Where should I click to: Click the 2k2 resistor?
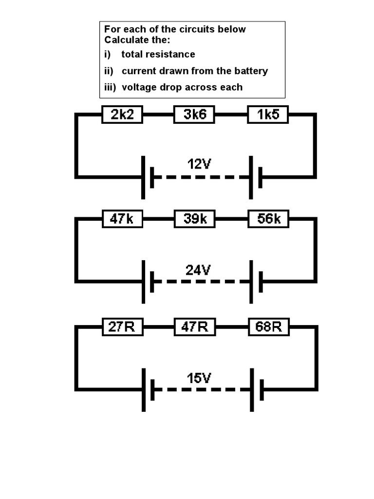122,115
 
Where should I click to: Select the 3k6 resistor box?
195,115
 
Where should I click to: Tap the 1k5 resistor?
268,115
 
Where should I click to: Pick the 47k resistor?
122,219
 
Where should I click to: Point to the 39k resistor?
195,219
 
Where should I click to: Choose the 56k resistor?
268,219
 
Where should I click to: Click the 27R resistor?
122,326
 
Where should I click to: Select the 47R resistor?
195,326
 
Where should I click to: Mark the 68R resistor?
268,326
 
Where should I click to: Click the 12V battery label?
199,164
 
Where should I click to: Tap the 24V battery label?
198,269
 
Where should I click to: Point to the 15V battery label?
199,378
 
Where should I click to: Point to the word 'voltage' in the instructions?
139,87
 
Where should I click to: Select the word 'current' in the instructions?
138,71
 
